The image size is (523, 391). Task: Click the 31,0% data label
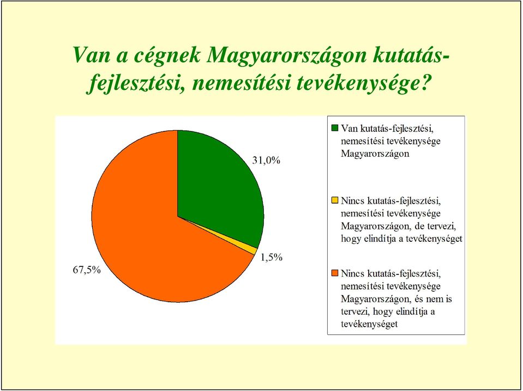tap(266, 161)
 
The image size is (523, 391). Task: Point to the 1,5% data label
tap(272, 257)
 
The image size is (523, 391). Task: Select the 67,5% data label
tap(87, 270)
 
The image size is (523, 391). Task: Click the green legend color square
tap(334, 127)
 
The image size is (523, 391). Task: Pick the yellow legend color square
tap(334, 200)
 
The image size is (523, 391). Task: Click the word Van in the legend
tap(348, 128)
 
